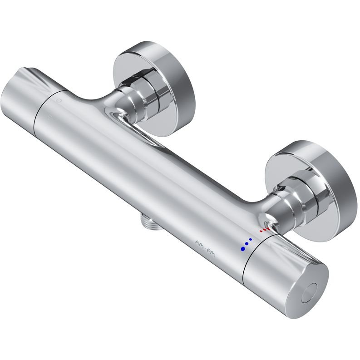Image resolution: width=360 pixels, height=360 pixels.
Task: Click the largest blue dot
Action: [x=242, y=248]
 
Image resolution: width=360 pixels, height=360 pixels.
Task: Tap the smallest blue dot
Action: [x=251, y=239]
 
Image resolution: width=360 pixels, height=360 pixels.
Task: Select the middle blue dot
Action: [x=247, y=244]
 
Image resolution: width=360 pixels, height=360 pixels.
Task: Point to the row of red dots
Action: [x=264, y=230]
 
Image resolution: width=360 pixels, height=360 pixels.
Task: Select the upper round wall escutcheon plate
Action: [x=154, y=89]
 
